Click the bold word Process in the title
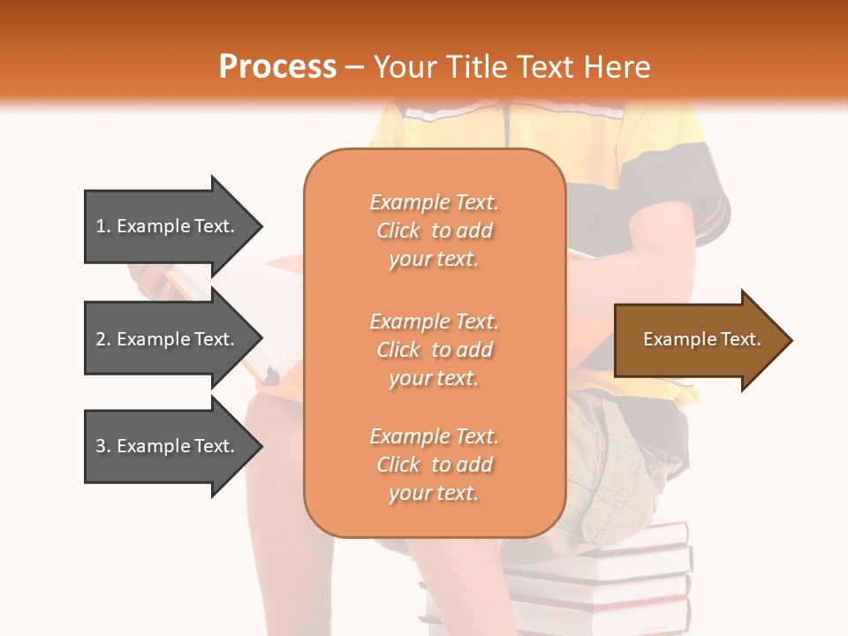(277, 67)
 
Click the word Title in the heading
(478, 67)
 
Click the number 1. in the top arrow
(103, 226)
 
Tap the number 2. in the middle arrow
(103, 339)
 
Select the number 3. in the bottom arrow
(103, 446)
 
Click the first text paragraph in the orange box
(434, 231)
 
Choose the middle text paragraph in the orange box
(434, 350)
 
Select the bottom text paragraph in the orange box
(434, 465)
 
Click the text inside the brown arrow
(701, 339)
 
